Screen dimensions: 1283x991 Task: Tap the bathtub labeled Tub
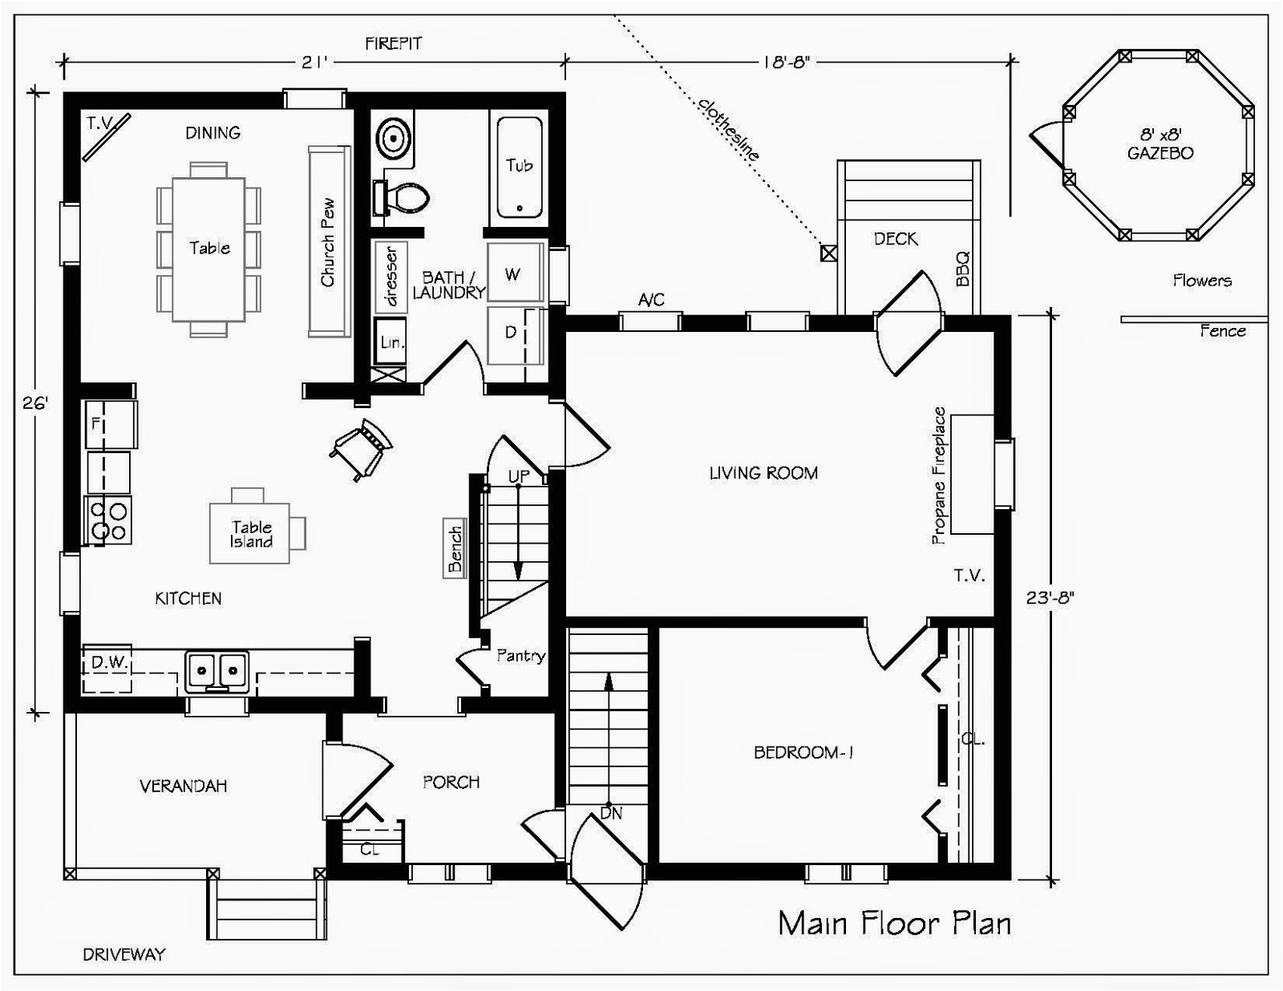pyautogui.click(x=520, y=168)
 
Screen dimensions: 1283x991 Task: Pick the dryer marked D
pyautogui.click(x=514, y=334)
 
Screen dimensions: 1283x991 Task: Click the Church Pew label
pyautogui.click(x=328, y=243)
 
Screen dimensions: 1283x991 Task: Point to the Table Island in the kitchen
pyautogui.click(x=250, y=533)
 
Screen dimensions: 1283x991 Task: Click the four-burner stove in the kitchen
pyautogui.click(x=109, y=520)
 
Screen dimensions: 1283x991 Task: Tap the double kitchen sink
pyautogui.click(x=217, y=671)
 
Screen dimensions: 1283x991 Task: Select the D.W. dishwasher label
pyautogui.click(x=110, y=662)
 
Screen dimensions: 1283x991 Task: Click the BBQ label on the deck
pyautogui.click(x=962, y=269)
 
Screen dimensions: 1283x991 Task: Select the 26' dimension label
pyautogui.click(x=34, y=403)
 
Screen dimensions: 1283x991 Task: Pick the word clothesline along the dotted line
pyautogui.click(x=728, y=130)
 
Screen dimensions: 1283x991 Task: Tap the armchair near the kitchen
pyautogui.click(x=362, y=449)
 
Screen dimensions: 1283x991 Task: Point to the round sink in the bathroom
pyautogui.click(x=393, y=140)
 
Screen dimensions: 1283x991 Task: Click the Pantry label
pyautogui.click(x=520, y=656)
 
